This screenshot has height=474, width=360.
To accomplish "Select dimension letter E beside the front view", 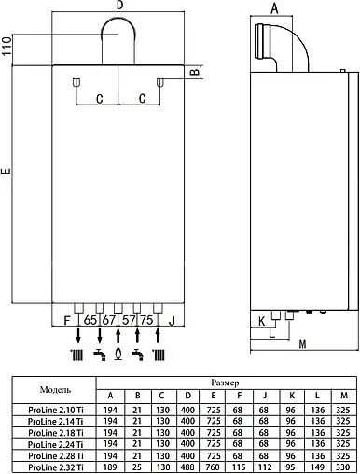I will pyautogui.click(x=7, y=172).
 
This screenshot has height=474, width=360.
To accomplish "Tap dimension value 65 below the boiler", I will pyautogui.click(x=90, y=320).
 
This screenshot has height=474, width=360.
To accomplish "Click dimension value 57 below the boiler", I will pyautogui.click(x=129, y=320).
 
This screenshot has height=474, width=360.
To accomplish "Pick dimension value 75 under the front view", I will pyautogui.click(x=146, y=320).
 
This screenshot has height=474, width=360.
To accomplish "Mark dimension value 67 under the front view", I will pyautogui.click(x=108, y=320).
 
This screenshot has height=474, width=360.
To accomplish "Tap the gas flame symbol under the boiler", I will pyautogui.click(x=118, y=354).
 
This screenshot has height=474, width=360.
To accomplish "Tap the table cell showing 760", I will pyautogui.click(x=215, y=465).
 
